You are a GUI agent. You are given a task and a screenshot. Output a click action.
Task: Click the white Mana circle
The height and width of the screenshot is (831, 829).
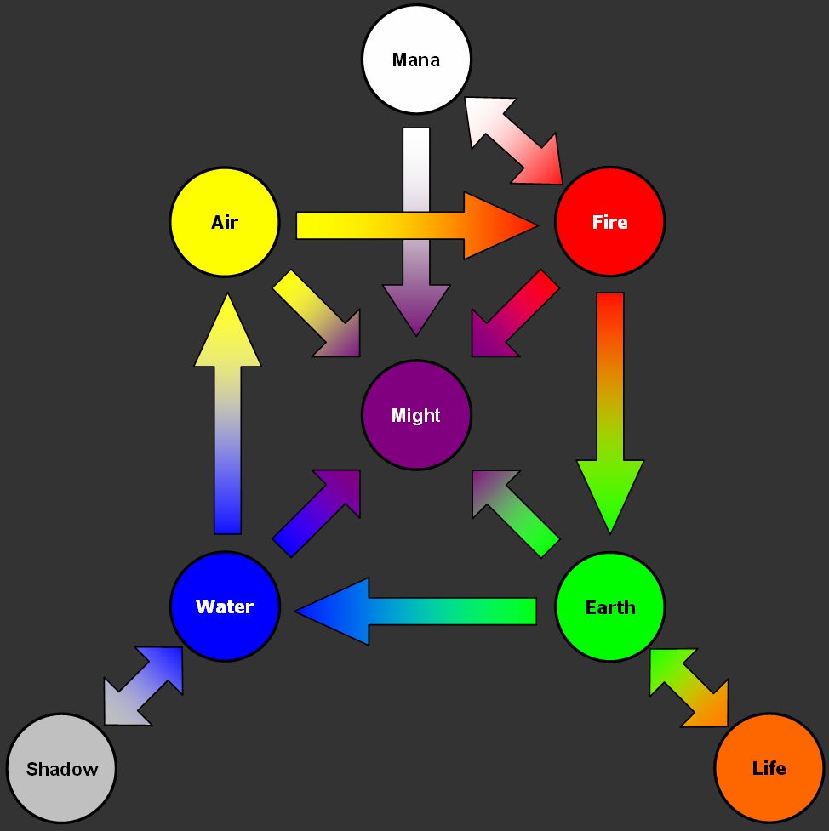(416, 60)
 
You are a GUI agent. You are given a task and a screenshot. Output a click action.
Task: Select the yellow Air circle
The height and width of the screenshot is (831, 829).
(225, 222)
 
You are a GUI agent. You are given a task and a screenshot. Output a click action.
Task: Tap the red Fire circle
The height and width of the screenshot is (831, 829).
(609, 222)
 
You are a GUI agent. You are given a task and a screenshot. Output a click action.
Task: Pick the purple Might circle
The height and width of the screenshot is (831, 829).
(416, 415)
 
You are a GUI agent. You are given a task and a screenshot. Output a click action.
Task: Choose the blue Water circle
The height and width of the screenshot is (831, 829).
(225, 606)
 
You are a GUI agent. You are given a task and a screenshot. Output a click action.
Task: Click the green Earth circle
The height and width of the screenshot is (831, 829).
(609, 607)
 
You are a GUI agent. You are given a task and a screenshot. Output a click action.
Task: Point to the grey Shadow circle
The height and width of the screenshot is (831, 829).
(61, 769)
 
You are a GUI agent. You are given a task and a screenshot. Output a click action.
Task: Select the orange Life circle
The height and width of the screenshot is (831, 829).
(769, 768)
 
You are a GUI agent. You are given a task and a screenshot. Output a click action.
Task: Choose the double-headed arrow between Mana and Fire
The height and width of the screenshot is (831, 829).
(514, 139)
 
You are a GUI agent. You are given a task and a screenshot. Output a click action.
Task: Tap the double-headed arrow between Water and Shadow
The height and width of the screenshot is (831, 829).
(144, 686)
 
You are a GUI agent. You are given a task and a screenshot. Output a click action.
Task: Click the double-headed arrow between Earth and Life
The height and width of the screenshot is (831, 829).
(689, 686)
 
